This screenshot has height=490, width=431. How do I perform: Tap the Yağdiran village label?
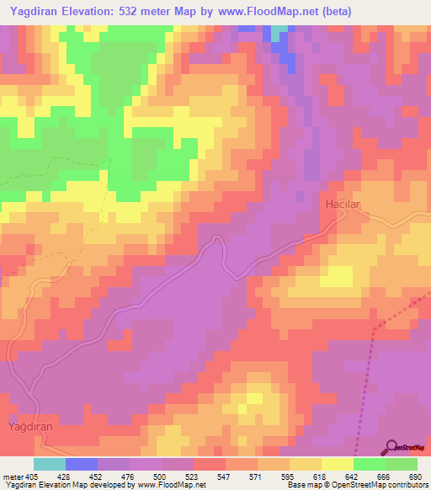pos(30,428)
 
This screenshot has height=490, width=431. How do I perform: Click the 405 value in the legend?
pos(33,477)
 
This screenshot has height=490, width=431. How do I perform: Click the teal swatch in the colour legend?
pos(50,464)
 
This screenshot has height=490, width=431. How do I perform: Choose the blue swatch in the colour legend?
pos(82,464)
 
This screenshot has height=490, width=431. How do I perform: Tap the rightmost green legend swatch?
pos(402,464)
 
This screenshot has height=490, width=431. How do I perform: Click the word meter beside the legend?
pos(12,477)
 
